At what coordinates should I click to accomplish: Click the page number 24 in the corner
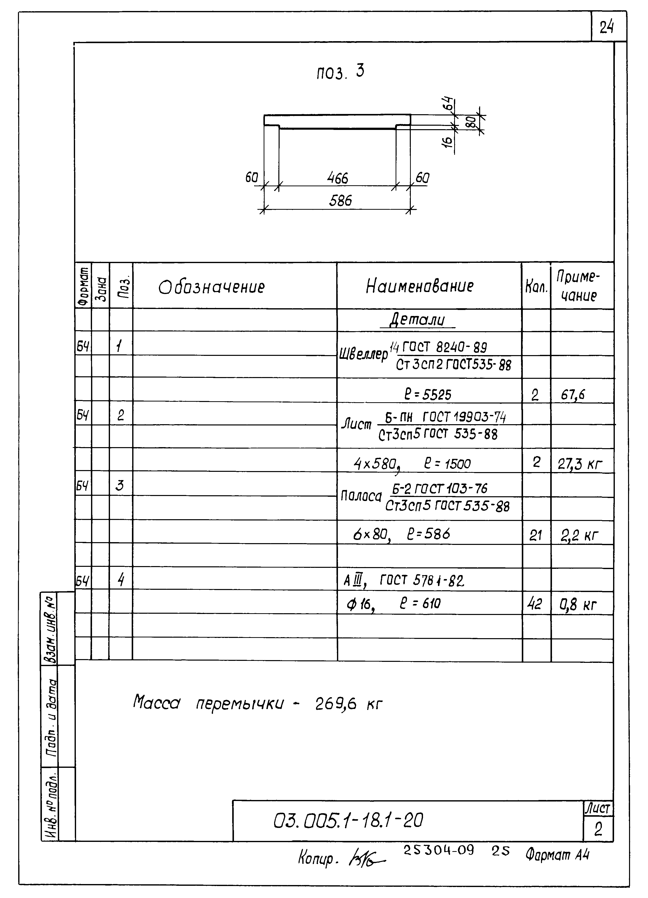pyautogui.click(x=606, y=28)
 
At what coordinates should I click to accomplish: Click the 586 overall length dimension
pyautogui.click(x=340, y=201)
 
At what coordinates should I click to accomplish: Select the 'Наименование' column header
pyautogui.click(x=420, y=286)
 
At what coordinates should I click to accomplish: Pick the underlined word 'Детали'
pyautogui.click(x=417, y=319)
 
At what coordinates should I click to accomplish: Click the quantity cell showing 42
pyautogui.click(x=535, y=604)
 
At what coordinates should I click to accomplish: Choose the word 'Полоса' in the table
pyautogui.click(x=361, y=496)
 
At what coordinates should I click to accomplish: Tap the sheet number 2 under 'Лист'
pyautogui.click(x=598, y=829)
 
